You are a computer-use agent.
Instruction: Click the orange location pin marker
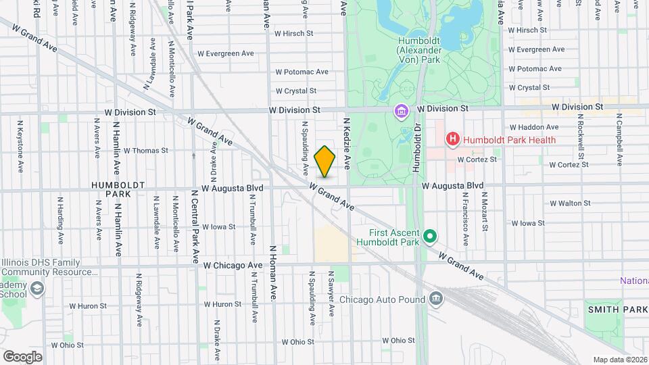point(325,161)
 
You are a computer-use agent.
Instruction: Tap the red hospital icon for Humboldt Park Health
point(452,140)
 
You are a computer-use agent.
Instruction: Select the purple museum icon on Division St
point(402,109)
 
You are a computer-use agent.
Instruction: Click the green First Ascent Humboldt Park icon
point(430,237)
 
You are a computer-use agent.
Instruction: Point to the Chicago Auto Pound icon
point(436,299)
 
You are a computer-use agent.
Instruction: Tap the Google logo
point(22,356)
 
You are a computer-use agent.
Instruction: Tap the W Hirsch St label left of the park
point(294,32)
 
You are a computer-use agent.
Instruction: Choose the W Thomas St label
point(145,151)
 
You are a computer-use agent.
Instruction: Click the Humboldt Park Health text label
point(510,140)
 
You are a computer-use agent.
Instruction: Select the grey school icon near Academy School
point(37,289)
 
